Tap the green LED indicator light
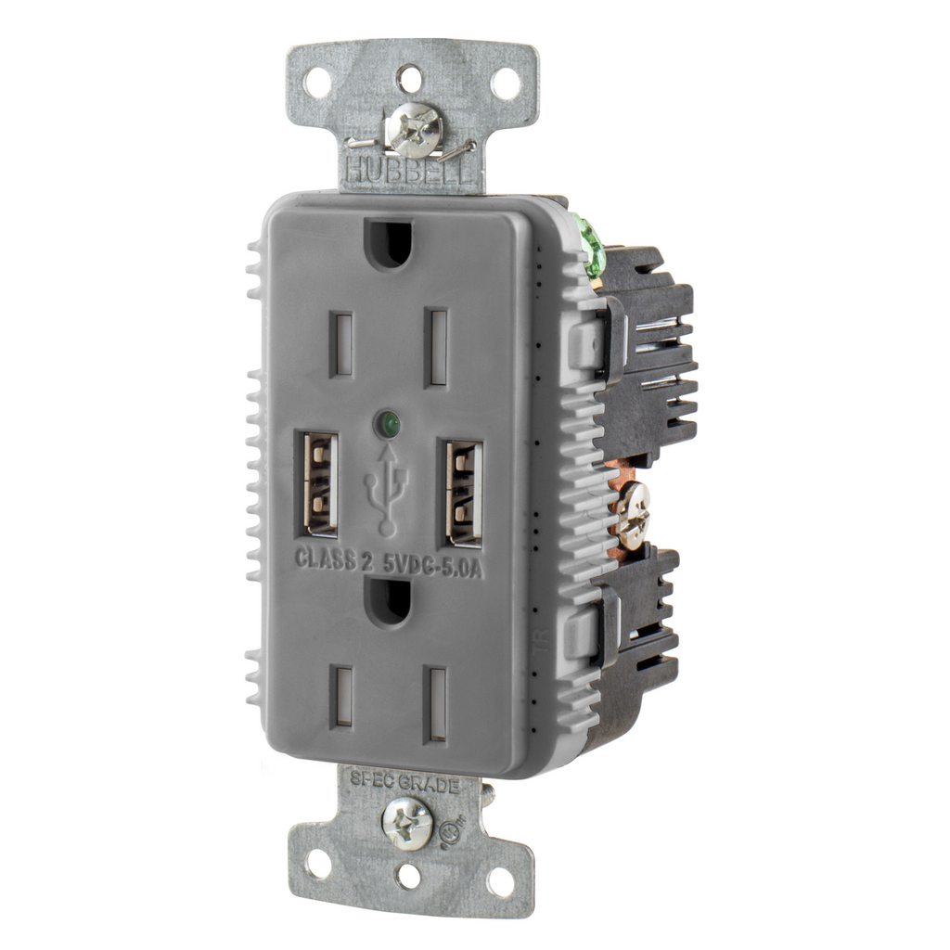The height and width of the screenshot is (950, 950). [390, 426]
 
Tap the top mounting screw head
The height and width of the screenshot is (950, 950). [414, 129]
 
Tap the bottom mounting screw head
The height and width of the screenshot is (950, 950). [408, 822]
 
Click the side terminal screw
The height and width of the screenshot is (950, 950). [634, 515]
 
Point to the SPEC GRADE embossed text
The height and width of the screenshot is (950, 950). [404, 784]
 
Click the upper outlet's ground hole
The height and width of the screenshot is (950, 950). [389, 242]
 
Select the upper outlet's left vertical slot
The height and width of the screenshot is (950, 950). [342, 343]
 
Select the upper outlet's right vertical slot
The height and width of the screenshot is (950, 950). [437, 348]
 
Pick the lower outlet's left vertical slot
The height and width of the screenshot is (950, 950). [343, 696]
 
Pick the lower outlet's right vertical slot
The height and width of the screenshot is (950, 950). [435, 703]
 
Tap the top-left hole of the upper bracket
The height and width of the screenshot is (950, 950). [316, 83]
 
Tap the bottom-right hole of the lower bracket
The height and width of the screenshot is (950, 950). [499, 882]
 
